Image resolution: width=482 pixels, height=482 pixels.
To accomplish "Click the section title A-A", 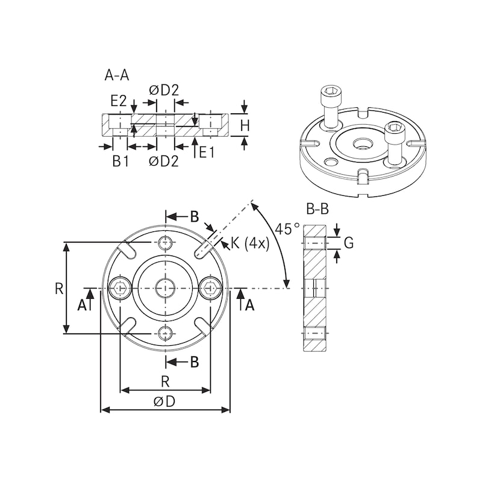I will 117,75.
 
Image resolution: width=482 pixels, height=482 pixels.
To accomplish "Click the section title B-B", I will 317,210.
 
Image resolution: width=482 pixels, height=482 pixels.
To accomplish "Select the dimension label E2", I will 118,101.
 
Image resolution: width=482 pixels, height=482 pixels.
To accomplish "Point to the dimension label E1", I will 207,152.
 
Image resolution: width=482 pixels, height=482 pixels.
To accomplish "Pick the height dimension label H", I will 245,126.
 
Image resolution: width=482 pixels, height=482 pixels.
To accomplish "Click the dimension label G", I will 348,243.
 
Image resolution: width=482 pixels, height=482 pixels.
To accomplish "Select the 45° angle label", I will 287,229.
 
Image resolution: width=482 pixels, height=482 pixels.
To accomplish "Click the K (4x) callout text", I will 248,243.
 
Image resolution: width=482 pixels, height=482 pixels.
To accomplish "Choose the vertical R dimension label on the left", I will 58,288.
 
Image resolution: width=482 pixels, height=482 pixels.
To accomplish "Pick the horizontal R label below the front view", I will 164,381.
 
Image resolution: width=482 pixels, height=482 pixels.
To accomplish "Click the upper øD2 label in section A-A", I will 164,90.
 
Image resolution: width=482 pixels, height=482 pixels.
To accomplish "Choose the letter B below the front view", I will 194,362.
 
